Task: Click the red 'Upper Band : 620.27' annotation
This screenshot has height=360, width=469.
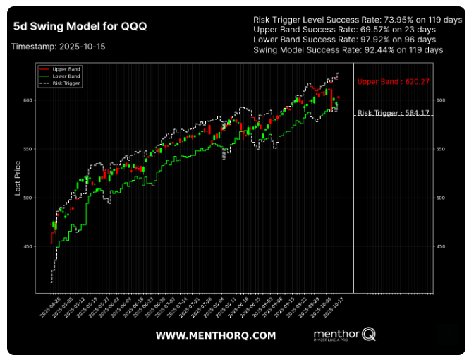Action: pyautogui.click(x=393, y=82)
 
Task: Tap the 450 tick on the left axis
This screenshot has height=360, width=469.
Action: pyautogui.click(x=29, y=246)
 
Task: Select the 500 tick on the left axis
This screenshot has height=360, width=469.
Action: pyautogui.click(x=29, y=198)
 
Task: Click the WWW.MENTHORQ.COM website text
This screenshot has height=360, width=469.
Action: pyautogui.click(x=216, y=335)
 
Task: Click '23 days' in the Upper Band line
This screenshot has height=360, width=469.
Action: pyautogui.click(x=409, y=30)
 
